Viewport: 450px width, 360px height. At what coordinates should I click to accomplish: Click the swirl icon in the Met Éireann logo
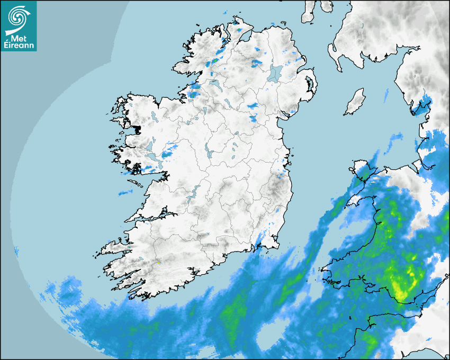[18, 17]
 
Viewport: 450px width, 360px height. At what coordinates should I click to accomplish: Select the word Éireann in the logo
[19, 45]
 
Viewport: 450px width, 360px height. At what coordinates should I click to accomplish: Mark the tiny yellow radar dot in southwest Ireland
[159, 262]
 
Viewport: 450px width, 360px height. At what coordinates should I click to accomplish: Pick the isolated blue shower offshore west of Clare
[125, 192]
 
